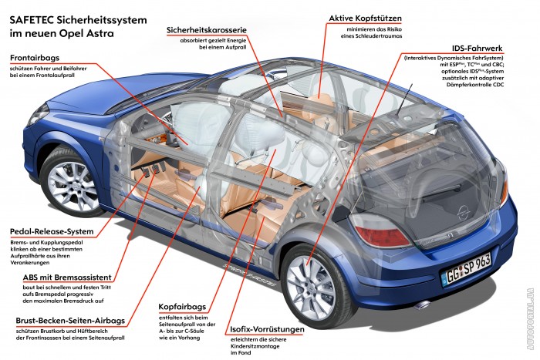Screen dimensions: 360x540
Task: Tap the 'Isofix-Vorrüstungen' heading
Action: [x=267, y=330]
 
